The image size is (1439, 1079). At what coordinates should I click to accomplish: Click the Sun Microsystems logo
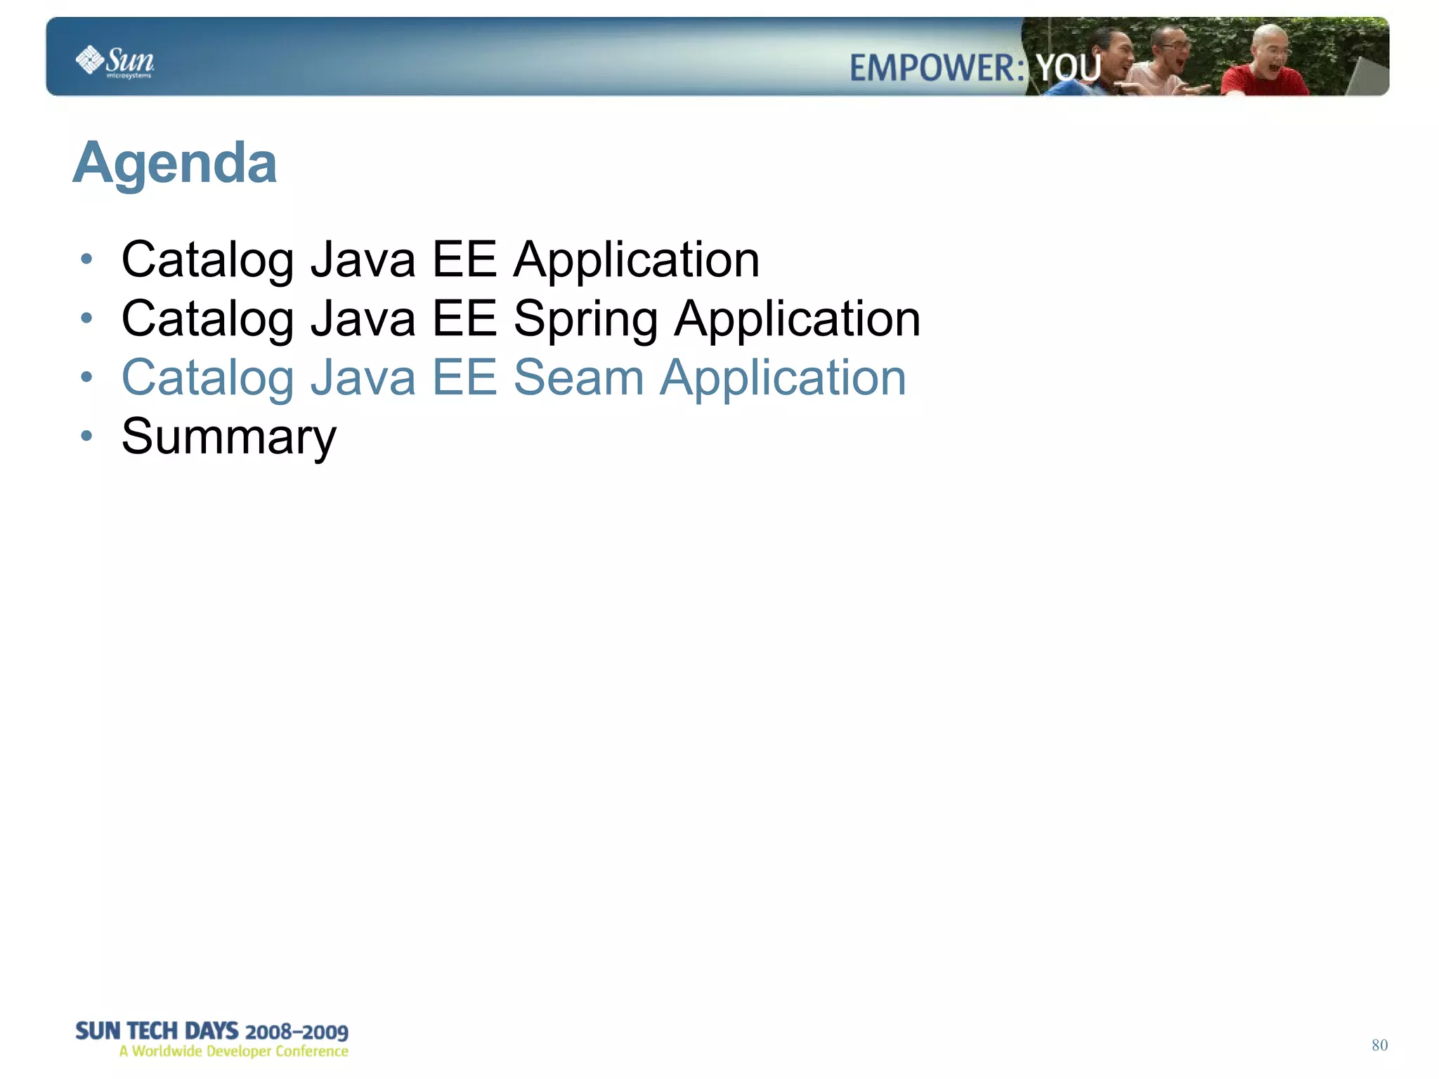115,61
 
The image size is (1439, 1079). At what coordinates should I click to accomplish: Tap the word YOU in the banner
1068,68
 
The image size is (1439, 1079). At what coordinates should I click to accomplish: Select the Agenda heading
175,163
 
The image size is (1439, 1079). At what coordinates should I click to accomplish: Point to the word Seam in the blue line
578,377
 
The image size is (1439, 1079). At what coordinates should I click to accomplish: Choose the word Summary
229,437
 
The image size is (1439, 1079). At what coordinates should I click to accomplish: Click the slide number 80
1379,1045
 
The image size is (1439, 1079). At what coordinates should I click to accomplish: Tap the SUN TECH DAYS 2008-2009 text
211,1031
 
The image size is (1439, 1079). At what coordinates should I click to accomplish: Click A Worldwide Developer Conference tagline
233,1052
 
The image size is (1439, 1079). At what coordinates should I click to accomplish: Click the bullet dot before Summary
86,437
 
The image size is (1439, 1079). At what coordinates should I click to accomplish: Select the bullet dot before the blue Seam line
86,377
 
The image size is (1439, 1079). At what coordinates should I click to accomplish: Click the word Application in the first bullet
636,260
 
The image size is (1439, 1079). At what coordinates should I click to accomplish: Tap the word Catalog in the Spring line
207,320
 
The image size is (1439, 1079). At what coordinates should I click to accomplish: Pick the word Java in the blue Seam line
363,377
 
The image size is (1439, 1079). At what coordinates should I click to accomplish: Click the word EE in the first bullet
464,259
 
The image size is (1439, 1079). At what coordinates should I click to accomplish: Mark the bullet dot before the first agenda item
86,259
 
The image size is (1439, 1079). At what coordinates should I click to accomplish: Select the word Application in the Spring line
797,320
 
